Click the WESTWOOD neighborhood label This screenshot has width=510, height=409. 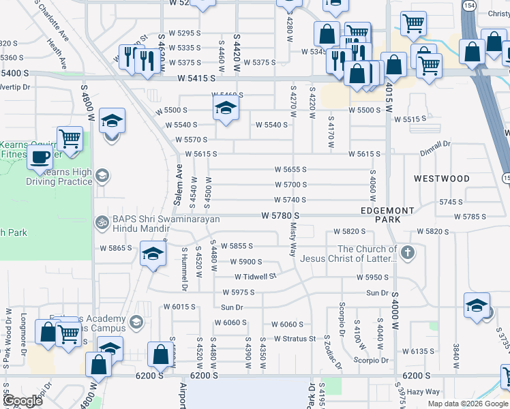[442, 179]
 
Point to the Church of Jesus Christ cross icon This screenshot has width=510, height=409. [407, 254]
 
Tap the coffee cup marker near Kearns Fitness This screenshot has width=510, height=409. [40, 157]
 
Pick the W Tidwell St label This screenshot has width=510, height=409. [255, 277]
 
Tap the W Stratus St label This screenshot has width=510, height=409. [295, 338]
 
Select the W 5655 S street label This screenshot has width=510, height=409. [290, 169]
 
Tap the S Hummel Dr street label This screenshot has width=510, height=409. [183, 269]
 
